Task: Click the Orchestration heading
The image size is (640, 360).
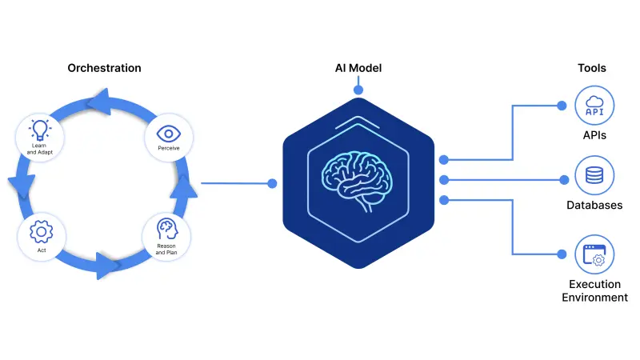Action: [104, 68]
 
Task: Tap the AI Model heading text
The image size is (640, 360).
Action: [358, 68]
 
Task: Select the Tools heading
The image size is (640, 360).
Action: [591, 68]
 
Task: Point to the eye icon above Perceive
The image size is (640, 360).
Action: [167, 133]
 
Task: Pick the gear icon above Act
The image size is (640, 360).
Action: [40, 232]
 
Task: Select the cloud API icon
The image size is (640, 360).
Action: [594, 106]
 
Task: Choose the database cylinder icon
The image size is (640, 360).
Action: [594, 175]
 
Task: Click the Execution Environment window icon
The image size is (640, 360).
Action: [594, 254]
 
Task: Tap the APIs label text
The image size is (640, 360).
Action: [594, 135]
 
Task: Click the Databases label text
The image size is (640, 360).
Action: [594, 206]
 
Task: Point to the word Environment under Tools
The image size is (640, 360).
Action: [594, 298]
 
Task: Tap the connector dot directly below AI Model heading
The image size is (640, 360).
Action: [358, 90]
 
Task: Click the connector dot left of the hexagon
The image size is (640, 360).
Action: [272, 183]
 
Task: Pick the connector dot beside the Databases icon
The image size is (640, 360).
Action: [560, 178]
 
